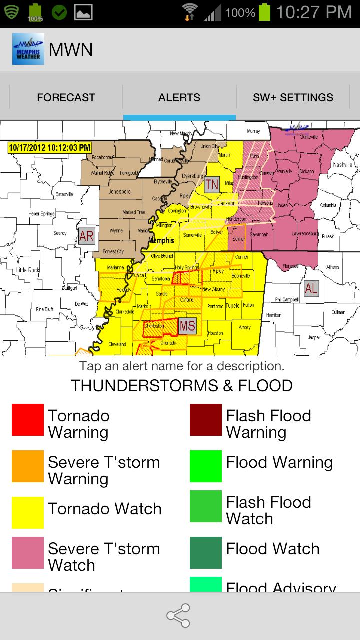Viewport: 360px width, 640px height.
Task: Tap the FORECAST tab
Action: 66,97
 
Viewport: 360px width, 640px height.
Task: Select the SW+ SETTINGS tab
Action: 293,97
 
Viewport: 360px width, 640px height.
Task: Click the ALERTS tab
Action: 179,97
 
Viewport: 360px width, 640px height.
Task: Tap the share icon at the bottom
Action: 178,616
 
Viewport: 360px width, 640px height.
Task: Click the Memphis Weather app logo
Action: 28,49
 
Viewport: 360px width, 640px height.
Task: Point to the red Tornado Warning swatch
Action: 28,420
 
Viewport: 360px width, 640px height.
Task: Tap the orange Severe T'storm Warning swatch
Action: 28,466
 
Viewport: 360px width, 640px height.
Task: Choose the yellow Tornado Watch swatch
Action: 28,512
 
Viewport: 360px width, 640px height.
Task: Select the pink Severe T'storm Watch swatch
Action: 28,553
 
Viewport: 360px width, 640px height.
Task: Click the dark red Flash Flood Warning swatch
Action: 205,420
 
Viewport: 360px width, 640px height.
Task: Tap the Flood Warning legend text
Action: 279,462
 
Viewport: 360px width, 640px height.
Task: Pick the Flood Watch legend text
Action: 272,549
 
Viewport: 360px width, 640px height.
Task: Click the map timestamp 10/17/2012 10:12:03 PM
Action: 50,147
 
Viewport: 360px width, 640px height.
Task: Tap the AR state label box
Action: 86,236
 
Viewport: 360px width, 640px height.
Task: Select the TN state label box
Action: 212,184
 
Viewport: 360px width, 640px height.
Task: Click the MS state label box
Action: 187,326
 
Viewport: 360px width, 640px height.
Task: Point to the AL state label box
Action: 311,288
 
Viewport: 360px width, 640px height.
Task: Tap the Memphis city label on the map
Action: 161,241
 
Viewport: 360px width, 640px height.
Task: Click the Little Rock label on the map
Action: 28,270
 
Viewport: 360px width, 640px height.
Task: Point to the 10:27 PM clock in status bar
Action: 314,12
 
